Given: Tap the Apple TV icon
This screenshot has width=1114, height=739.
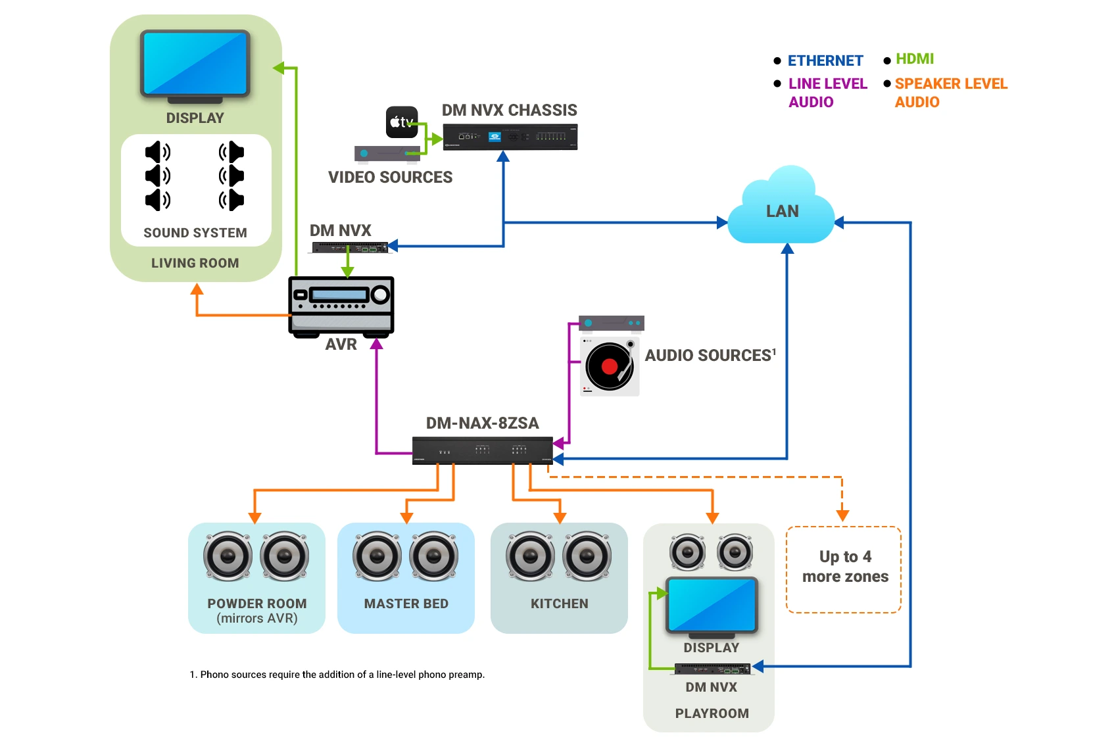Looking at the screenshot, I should point(401,122).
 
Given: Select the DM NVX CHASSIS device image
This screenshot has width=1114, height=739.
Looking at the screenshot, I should point(510,137).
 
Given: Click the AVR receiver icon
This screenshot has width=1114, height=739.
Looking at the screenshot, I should point(341,306).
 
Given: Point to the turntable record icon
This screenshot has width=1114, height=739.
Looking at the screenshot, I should point(610,366).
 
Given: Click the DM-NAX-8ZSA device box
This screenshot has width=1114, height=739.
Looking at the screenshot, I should point(482,450).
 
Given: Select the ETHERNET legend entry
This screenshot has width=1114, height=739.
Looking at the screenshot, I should point(825,60).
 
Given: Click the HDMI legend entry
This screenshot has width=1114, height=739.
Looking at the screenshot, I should point(914,59).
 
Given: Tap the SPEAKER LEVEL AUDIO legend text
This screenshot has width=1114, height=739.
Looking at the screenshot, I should point(950,93).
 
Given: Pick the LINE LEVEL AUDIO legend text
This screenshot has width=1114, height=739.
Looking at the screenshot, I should point(827,93).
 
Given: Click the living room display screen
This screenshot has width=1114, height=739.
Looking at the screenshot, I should point(195,64).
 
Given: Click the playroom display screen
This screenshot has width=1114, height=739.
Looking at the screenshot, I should point(712,605).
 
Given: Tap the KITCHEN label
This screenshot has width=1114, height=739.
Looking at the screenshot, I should point(559,604).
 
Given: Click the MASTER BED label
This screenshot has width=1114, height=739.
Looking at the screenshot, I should point(406,604).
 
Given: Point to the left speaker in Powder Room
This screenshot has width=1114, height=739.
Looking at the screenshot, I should point(228,556).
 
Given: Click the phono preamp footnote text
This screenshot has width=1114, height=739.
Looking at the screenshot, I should point(337,675).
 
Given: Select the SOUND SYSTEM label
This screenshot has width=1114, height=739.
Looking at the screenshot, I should point(195,233).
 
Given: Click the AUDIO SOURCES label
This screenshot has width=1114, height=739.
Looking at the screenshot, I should point(709,356).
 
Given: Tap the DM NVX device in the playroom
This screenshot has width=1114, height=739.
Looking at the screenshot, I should point(712,669).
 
